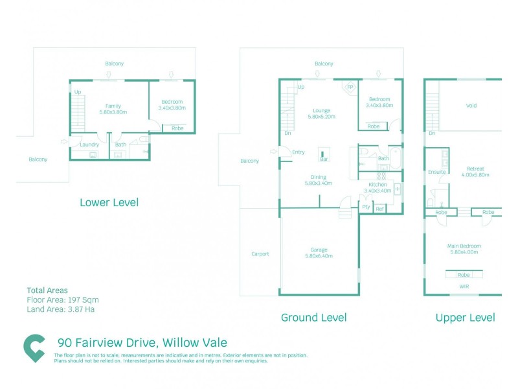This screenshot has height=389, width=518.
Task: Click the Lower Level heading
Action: pyautogui.click(x=109, y=202)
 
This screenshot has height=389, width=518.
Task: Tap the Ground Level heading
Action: pyautogui.click(x=313, y=317)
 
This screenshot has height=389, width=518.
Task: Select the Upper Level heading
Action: pyautogui.click(x=465, y=317)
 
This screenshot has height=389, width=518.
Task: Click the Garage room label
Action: pyautogui.click(x=319, y=250)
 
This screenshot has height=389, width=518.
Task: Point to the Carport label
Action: pyautogui.click(x=260, y=254)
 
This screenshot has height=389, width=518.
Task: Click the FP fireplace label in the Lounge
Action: pyautogui.click(x=350, y=87)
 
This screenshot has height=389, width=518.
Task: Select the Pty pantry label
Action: pyautogui.click(x=366, y=207)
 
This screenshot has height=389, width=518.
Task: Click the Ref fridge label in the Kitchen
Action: pyautogui.click(x=380, y=208)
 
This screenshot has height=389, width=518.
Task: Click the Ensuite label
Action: pyautogui.click(x=436, y=172)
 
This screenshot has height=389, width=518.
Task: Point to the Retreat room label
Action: pyautogui.click(x=475, y=168)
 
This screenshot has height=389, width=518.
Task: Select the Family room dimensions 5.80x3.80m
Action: pyautogui.click(x=113, y=112)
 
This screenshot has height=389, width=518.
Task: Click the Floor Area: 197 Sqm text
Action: pyautogui.click(x=63, y=300)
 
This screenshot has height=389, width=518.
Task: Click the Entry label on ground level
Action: pyautogui.click(x=298, y=152)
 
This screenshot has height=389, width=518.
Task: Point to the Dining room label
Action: pyautogui.click(x=318, y=177)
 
